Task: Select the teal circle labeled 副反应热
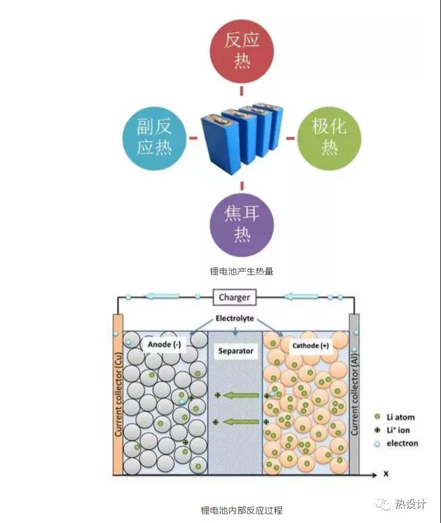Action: (x=154, y=139)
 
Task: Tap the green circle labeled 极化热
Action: (x=329, y=139)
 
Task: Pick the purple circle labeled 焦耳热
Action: (x=242, y=225)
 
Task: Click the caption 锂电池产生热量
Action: (x=242, y=271)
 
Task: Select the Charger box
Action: (x=235, y=297)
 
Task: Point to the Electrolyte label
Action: (x=235, y=318)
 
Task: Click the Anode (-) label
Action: (x=164, y=344)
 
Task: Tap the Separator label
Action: (x=236, y=351)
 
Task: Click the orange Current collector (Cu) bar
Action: (x=118, y=394)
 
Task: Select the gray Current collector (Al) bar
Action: (x=354, y=394)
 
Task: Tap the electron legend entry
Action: (x=397, y=444)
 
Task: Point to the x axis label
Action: (x=386, y=473)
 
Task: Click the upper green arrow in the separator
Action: (x=242, y=395)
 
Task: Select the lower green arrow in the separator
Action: (x=242, y=422)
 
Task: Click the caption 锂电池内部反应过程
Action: (x=242, y=510)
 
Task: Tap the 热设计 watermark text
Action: (x=410, y=503)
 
